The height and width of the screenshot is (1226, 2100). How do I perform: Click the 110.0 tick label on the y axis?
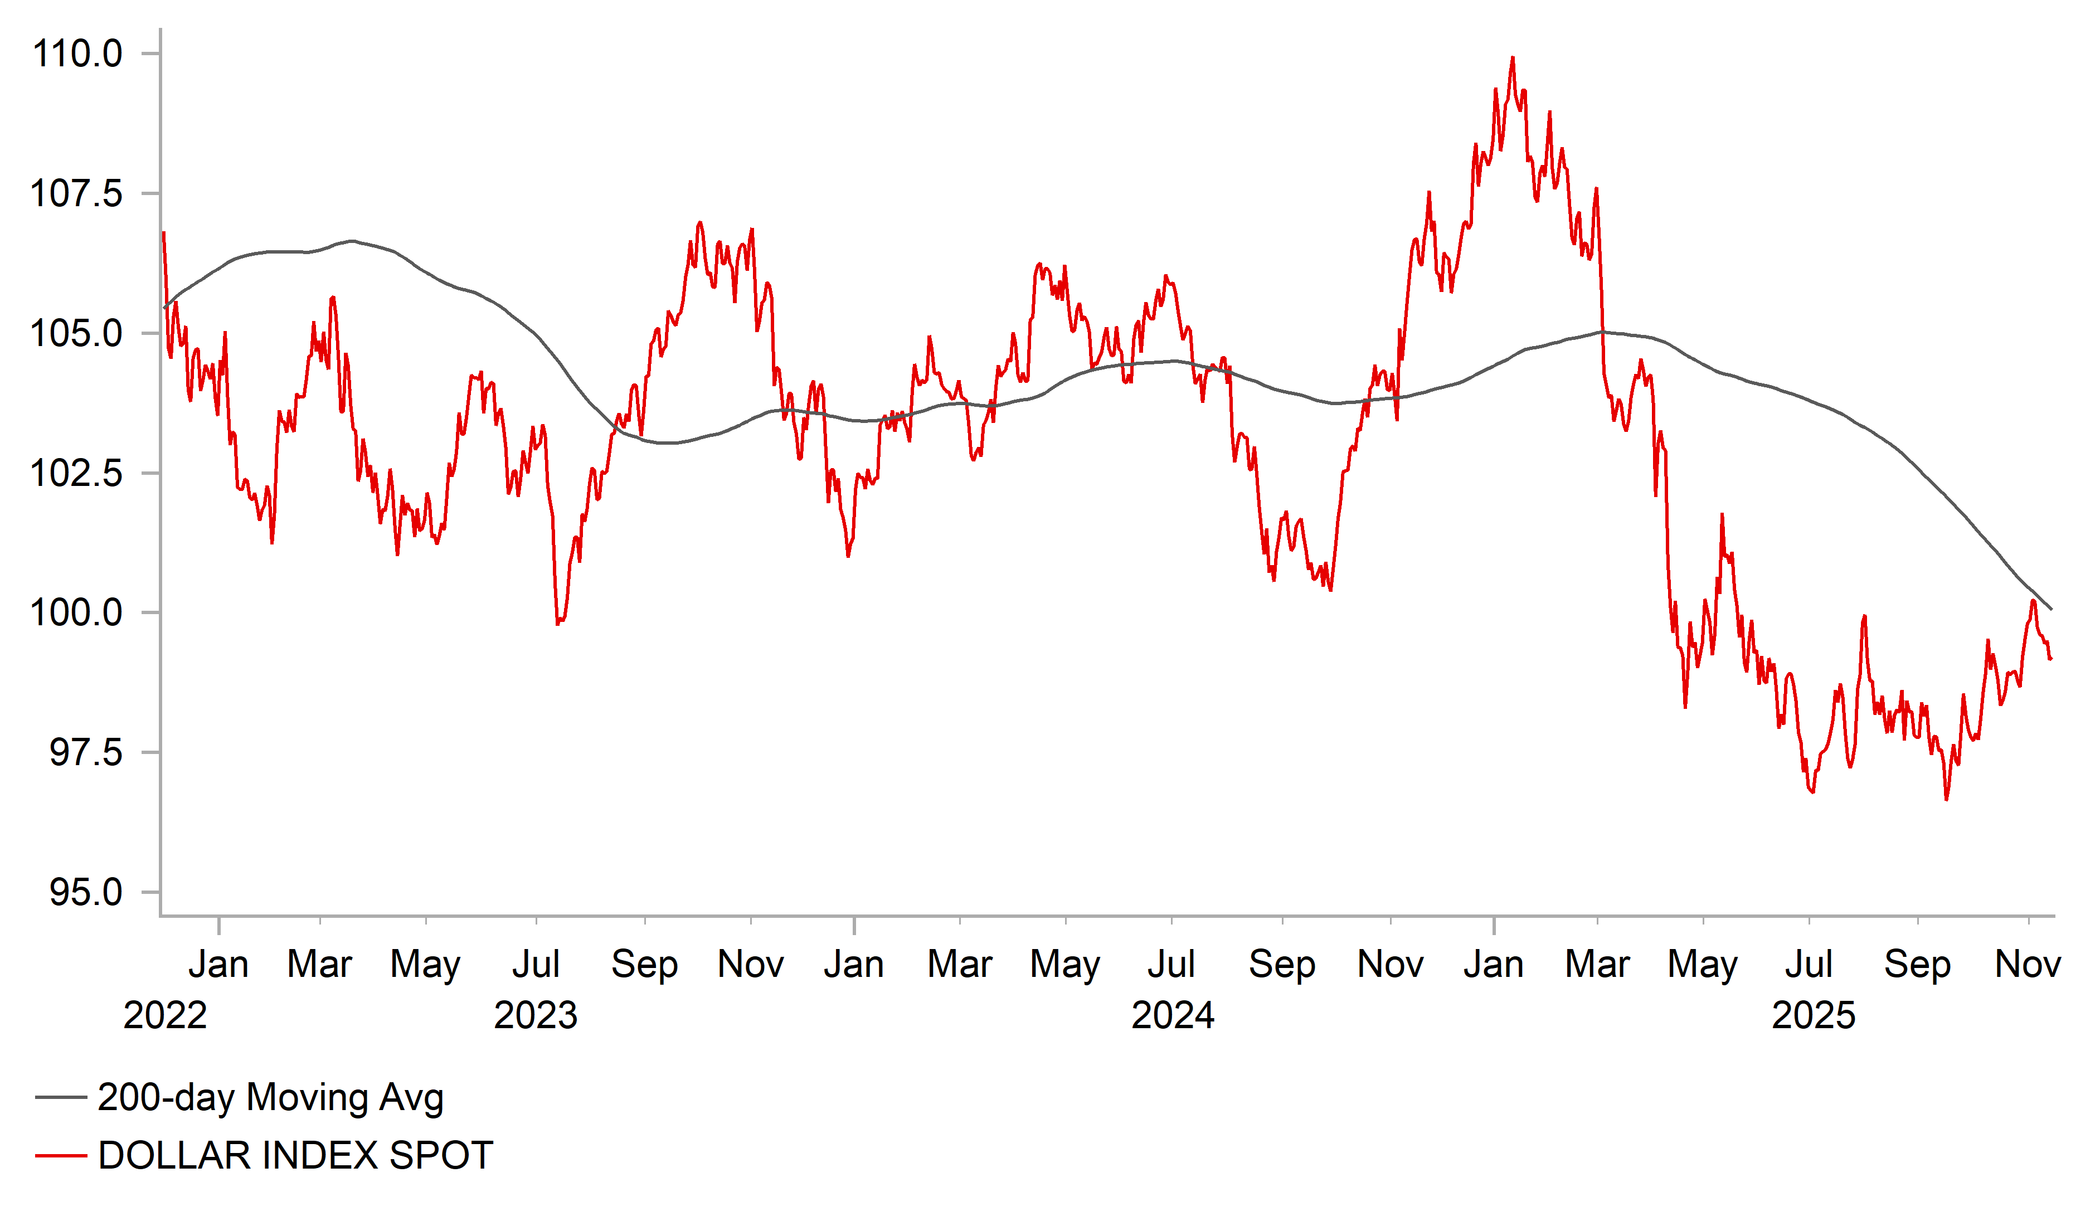(x=77, y=54)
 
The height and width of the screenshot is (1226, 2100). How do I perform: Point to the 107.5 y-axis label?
(x=77, y=194)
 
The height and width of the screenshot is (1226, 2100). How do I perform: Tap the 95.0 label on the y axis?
(x=86, y=893)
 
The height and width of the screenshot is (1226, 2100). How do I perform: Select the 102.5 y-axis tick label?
(x=77, y=473)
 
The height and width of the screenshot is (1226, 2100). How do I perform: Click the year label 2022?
(x=165, y=1016)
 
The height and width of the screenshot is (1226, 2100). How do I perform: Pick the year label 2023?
(x=536, y=1016)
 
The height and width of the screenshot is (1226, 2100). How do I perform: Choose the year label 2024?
(x=1173, y=1016)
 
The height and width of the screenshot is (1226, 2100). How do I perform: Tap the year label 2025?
(x=1814, y=1016)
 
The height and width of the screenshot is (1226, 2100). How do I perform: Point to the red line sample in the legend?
(x=61, y=1156)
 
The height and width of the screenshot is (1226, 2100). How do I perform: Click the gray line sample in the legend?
(x=61, y=1098)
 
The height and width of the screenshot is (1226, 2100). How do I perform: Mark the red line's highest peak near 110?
(x=1513, y=59)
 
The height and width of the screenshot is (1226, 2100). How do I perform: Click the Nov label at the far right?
(x=2028, y=965)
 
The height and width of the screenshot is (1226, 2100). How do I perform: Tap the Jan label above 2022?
(x=218, y=965)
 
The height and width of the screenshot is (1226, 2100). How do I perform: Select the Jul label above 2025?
(x=1809, y=965)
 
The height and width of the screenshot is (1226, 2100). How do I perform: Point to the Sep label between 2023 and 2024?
(x=644, y=965)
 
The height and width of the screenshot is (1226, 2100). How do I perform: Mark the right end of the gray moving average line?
(x=2051, y=609)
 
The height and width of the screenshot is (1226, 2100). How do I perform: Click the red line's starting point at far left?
(x=163, y=233)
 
